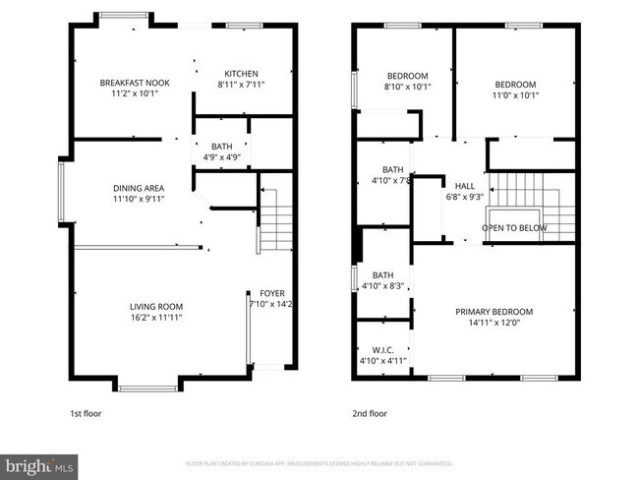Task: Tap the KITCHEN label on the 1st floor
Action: [241, 74]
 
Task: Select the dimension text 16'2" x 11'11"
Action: [156, 318]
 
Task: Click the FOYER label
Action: [271, 294]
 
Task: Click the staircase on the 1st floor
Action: [275, 221]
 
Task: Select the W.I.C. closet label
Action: [382, 350]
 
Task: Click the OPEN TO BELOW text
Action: [514, 228]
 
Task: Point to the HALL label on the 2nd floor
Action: [463, 185]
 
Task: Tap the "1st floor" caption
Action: [86, 414]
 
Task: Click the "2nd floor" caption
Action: [371, 414]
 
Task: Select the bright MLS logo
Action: [40, 463]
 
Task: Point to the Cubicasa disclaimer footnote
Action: [319, 462]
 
